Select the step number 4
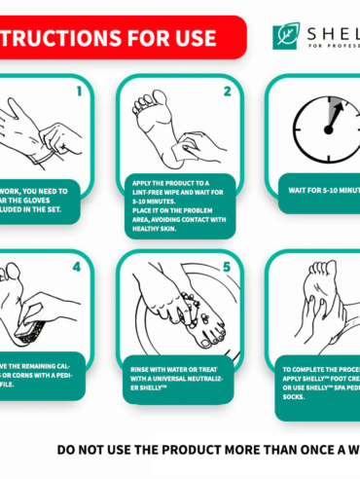click(x=78, y=265)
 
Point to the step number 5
click(x=226, y=265)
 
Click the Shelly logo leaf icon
click(x=287, y=36)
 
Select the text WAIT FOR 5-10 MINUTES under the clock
click(x=320, y=192)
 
